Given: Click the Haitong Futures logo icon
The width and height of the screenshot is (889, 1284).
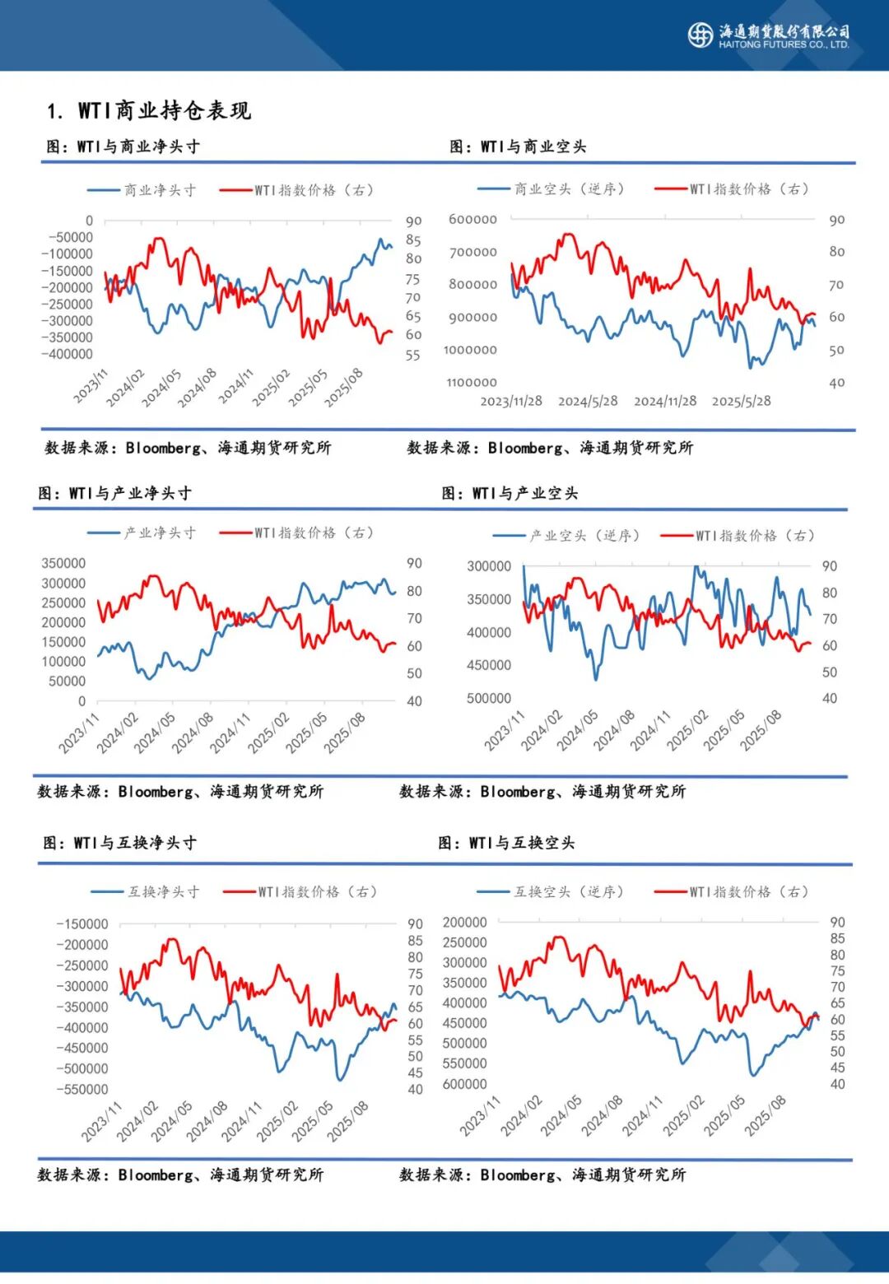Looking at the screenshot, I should pyautogui.click(x=700, y=35).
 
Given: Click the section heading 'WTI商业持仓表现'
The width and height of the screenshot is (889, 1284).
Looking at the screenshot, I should pyautogui.click(x=165, y=110).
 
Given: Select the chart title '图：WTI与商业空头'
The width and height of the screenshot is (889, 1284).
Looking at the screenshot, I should pyautogui.click(x=519, y=147).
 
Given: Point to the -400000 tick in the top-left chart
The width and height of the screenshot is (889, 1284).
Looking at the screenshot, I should pyautogui.click(x=67, y=354).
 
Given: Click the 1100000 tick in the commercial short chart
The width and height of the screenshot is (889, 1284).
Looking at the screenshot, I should pyautogui.click(x=472, y=382).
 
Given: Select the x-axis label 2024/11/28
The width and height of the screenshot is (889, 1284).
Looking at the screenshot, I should pyautogui.click(x=665, y=401).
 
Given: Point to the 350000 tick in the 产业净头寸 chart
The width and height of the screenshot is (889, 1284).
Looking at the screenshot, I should pyautogui.click(x=63, y=563).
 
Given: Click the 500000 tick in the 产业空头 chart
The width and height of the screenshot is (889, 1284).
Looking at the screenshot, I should pyautogui.click(x=489, y=698).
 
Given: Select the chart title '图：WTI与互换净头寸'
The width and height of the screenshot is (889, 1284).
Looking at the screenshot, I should pyautogui.click(x=120, y=843).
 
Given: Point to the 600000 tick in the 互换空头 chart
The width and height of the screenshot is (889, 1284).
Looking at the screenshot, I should pyautogui.click(x=464, y=1084).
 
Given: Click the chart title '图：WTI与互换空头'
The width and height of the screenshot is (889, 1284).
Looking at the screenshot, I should pyautogui.click(x=507, y=843).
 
